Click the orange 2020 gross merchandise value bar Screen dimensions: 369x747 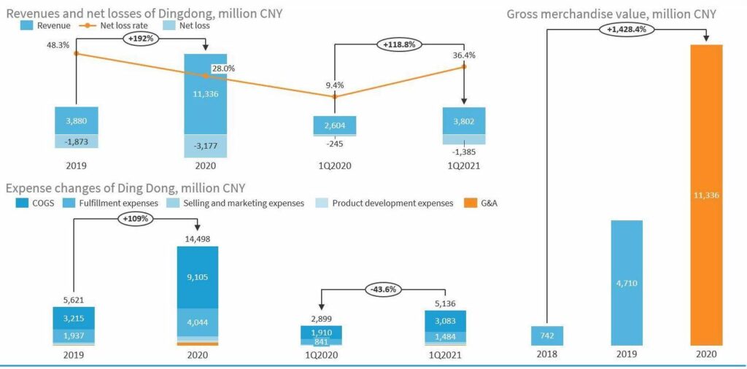point(705,195)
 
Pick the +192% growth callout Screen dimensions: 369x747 point(141,37)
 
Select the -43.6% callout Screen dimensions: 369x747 point(384,289)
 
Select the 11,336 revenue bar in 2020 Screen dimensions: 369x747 point(205,94)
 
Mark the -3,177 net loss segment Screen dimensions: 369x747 point(205,146)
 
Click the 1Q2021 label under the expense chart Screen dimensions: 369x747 point(445,355)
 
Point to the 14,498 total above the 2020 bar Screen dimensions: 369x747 point(198,238)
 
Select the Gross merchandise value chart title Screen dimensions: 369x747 point(611,14)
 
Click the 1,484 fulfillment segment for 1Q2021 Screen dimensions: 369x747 point(445,335)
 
